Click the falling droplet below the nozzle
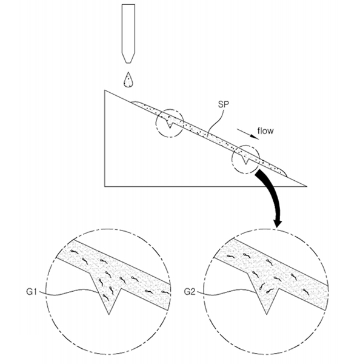pos(128,81)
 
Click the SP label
pos(223,104)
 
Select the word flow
pos(265,131)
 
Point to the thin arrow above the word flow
pos(248,134)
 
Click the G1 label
pos(32,292)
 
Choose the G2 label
pos(190,292)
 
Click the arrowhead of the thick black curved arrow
pos(277,223)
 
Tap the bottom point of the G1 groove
pos(109,314)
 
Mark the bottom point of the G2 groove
pos(267,314)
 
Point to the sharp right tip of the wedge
pos(307,186)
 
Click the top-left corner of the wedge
pos(105,90)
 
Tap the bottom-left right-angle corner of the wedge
pos(105,186)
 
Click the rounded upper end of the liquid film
pos(135,103)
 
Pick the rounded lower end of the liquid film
pos(284,173)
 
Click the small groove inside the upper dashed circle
pos(170,123)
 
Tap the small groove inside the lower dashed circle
pos(245,159)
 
